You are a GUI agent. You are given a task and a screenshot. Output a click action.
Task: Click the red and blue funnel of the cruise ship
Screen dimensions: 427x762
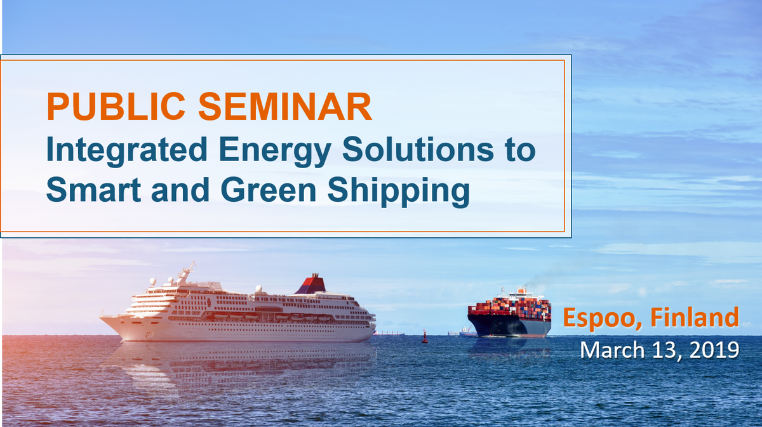(x=311, y=284)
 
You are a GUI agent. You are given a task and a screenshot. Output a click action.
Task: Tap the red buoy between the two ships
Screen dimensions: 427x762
(x=425, y=336)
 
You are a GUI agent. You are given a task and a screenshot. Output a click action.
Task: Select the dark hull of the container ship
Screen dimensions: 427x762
(x=508, y=325)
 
